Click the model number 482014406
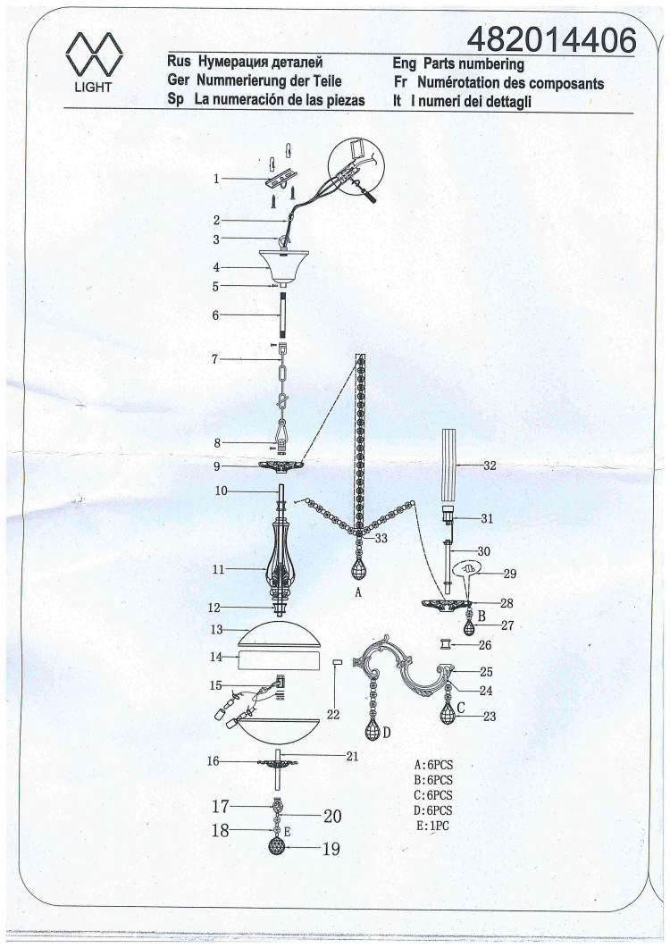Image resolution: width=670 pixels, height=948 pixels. [x=551, y=40]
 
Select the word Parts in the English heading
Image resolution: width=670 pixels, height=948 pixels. [x=440, y=63]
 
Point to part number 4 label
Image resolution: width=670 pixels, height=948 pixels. [x=216, y=267]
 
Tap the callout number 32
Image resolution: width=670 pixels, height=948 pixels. [x=490, y=466]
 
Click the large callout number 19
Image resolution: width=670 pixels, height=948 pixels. [x=331, y=849]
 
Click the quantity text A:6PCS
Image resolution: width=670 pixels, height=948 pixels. [x=433, y=766]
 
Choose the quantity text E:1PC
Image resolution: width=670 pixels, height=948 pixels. [x=432, y=826]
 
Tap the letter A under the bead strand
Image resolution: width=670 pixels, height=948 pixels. [x=358, y=592]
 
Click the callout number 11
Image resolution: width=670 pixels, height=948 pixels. [x=218, y=569]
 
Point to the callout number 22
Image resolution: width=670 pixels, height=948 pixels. [x=333, y=715]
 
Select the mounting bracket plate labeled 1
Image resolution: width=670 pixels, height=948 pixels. [x=281, y=179]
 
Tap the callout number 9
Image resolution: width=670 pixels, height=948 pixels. [x=216, y=466]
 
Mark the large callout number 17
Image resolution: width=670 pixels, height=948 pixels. [x=220, y=807]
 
